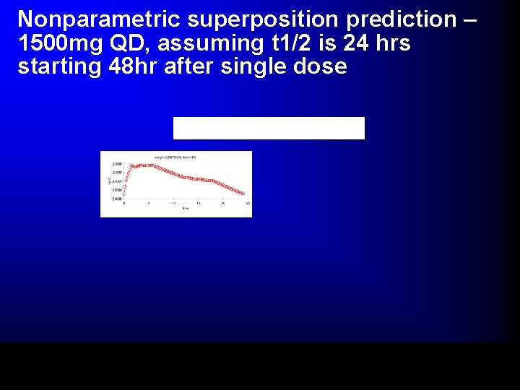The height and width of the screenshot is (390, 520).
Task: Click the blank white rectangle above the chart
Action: pyautogui.click(x=269, y=128)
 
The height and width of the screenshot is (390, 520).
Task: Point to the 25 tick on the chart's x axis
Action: pyautogui.click(x=248, y=204)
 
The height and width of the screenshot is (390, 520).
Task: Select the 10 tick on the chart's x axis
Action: pyautogui.click(x=173, y=204)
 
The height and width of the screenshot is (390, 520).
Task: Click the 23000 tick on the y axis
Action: pyautogui.click(x=116, y=163)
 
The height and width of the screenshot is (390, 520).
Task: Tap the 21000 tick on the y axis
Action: pyautogui.click(x=116, y=198)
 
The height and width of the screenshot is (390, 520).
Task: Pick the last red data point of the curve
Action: pyautogui.click(x=243, y=194)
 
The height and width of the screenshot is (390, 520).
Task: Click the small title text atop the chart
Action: pyautogui.click(x=175, y=157)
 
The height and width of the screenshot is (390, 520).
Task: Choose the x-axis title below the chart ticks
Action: pyautogui.click(x=185, y=209)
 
